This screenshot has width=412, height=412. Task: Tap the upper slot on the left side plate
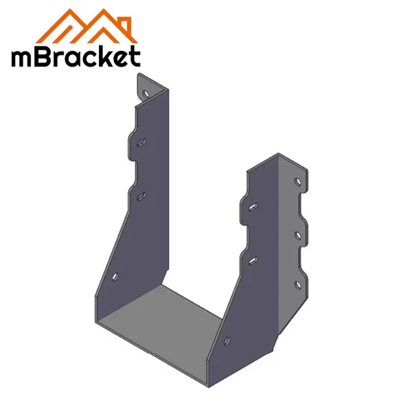click(x=140, y=142)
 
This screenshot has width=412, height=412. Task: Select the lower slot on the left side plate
click(x=140, y=196)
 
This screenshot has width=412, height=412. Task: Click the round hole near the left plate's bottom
click(x=115, y=277)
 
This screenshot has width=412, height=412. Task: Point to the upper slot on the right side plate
click(x=252, y=205)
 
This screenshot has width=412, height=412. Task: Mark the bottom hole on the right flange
click(x=297, y=284)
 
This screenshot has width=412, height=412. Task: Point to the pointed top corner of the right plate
click(x=278, y=154)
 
